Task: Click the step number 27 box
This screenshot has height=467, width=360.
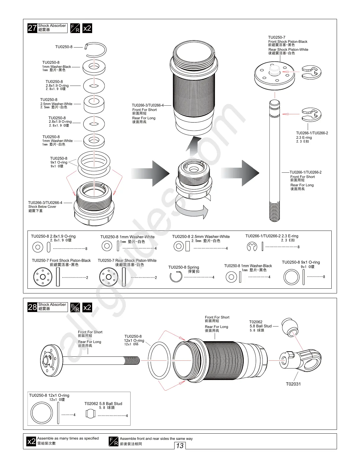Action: click(x=32, y=28)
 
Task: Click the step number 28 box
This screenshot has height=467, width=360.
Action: click(x=32, y=307)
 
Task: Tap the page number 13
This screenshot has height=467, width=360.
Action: click(x=180, y=446)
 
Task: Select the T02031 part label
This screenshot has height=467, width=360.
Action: click(x=293, y=384)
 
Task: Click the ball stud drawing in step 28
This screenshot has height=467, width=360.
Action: click(x=289, y=327)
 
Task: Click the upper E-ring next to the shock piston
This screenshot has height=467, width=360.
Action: click(x=311, y=73)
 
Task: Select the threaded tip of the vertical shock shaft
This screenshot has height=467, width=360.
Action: click(x=275, y=211)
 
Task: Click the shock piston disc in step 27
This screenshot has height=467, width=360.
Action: click(x=274, y=76)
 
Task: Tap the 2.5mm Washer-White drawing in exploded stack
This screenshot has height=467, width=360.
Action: click(x=94, y=104)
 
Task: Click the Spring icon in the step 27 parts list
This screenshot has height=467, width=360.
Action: click(x=176, y=277)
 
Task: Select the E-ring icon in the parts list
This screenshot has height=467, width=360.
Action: click(x=252, y=247)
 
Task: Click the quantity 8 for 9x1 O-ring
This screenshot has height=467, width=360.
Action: click(x=324, y=277)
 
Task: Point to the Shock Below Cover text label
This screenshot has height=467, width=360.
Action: click(x=42, y=207)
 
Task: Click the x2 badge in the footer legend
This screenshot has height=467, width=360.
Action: click(x=31, y=442)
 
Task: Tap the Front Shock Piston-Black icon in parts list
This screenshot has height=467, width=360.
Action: click(x=43, y=277)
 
